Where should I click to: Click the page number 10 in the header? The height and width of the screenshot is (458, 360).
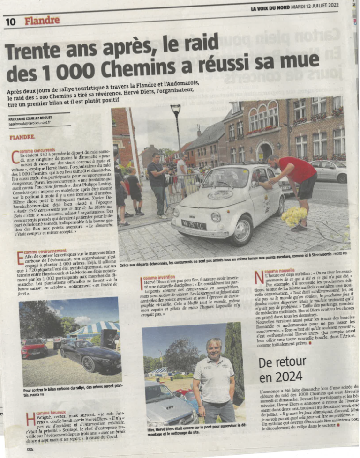10,22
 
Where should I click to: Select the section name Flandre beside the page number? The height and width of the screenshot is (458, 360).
42,21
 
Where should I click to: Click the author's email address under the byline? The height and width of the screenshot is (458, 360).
30,123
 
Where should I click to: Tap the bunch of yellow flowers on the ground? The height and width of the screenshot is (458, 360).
294,216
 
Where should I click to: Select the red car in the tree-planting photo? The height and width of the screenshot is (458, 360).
34,348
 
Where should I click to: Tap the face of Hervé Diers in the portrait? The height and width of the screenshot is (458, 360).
214,347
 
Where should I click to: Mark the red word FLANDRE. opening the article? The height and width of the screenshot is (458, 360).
22,137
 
